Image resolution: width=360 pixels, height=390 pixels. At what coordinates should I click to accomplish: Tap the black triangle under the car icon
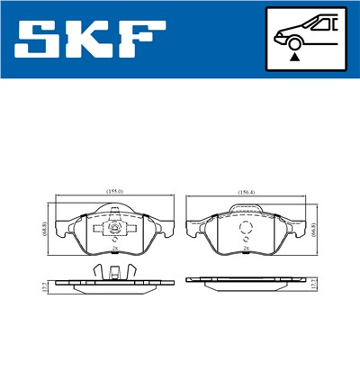(295, 56)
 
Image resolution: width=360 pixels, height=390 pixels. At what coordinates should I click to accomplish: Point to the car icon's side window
(321, 24)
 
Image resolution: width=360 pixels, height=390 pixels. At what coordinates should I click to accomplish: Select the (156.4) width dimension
(244, 192)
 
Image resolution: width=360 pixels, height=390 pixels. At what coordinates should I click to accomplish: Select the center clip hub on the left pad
(115, 230)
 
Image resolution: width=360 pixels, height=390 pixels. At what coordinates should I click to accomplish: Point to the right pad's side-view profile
(244, 280)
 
